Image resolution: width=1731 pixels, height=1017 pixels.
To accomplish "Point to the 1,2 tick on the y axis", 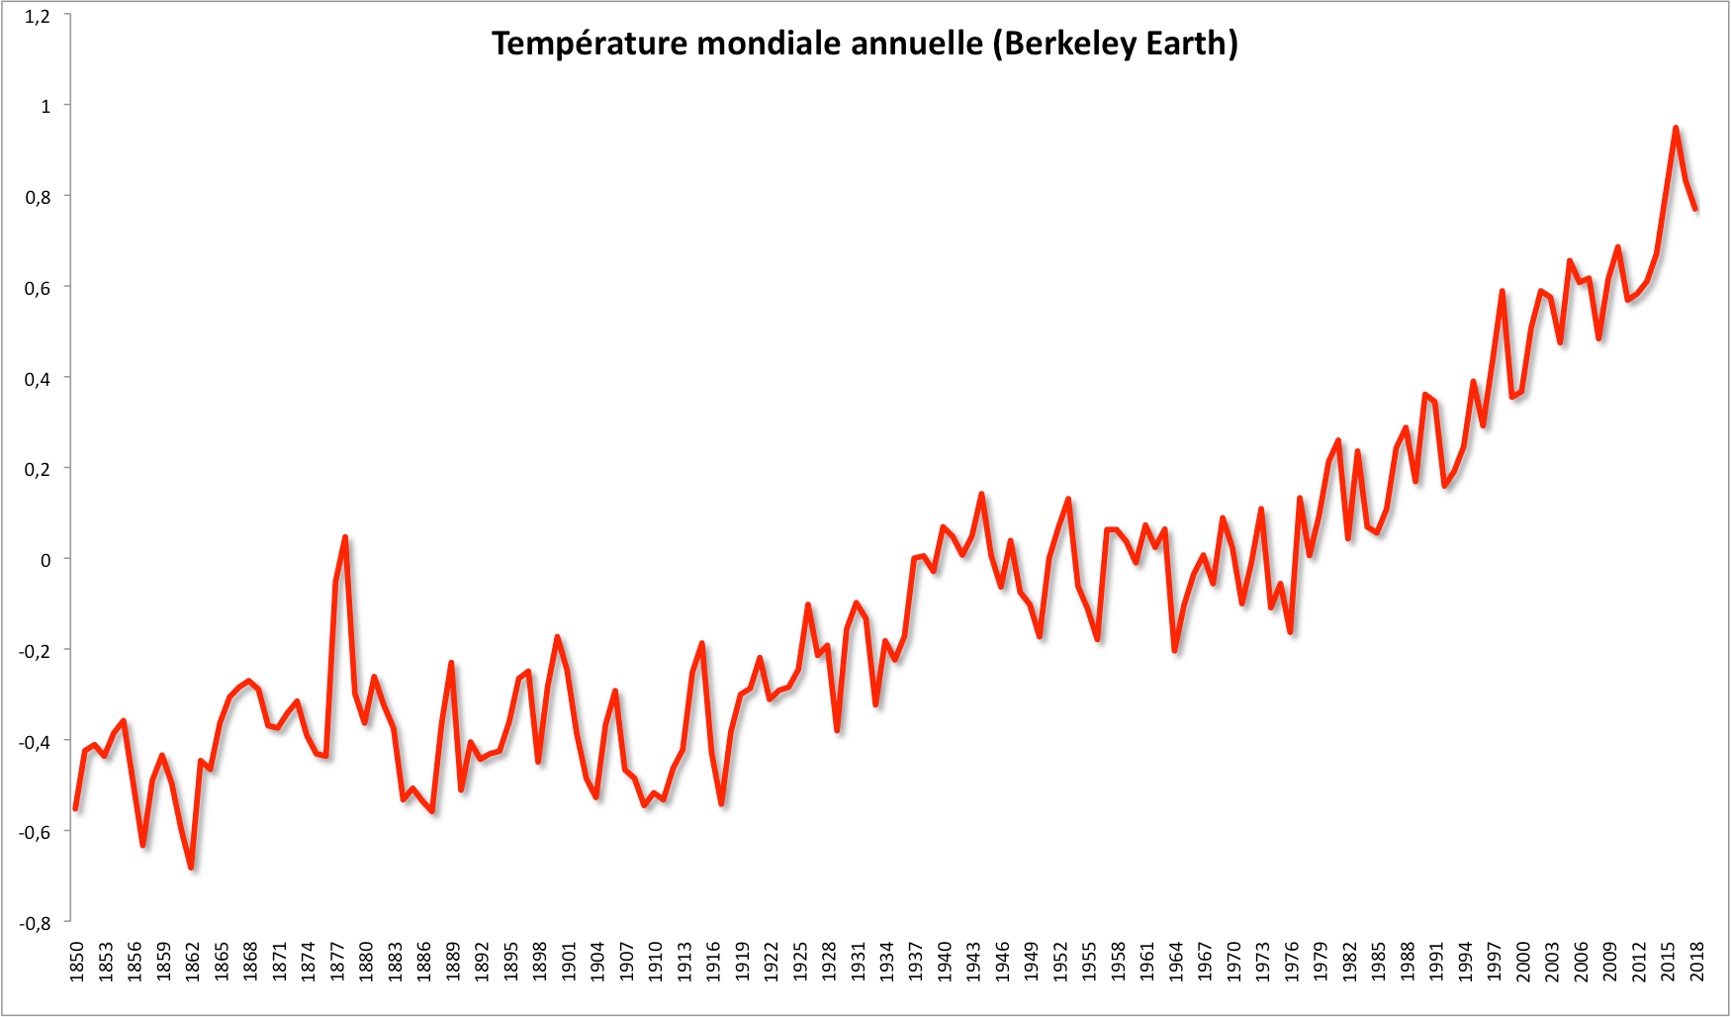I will (38, 16).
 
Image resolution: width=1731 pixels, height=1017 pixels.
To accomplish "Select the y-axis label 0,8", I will (38, 197).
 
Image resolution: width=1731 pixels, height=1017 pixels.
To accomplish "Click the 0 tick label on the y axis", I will (46, 560).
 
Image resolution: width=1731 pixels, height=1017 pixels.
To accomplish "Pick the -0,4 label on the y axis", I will (35, 741).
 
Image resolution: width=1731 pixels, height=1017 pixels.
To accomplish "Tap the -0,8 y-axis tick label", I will (35, 923).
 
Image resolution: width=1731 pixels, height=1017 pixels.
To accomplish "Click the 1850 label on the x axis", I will (77, 962).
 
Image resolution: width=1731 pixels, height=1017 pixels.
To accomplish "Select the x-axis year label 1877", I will (337, 962).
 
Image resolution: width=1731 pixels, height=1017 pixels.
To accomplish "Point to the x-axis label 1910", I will (655, 962).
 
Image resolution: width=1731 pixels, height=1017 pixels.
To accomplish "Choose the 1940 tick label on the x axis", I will (945, 962).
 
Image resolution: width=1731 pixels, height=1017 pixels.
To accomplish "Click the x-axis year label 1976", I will (1292, 962).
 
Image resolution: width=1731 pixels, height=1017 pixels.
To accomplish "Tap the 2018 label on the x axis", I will (1696, 962).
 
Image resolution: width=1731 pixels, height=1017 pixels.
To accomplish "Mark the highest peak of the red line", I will (1676, 128).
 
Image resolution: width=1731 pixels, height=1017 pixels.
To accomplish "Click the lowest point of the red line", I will (191, 868).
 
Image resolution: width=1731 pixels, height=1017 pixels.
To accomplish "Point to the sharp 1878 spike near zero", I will (345, 537).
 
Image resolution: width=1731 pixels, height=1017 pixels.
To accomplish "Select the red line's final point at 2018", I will (1695, 209).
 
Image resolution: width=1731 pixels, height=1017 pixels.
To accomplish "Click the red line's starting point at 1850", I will (75, 809).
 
